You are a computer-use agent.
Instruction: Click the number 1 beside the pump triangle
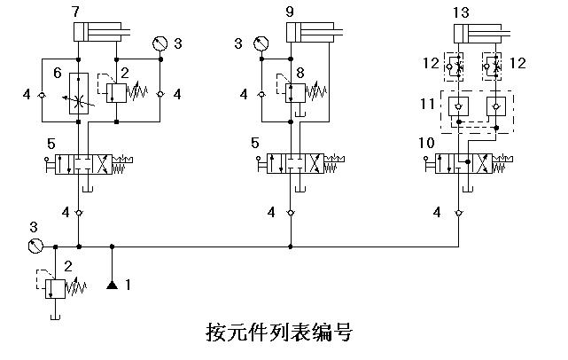pyautogui.click(x=128, y=286)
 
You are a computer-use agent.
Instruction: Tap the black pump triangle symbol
pyautogui.click(x=112, y=285)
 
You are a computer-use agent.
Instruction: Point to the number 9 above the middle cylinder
pyautogui.click(x=291, y=12)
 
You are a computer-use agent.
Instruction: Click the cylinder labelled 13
pyautogui.click(x=479, y=35)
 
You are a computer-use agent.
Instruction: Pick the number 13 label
pyautogui.click(x=462, y=12)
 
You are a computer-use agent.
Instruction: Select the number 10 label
pyautogui.click(x=426, y=143)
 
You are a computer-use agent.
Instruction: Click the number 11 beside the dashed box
pyautogui.click(x=426, y=105)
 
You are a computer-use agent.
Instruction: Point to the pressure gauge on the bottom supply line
pyautogui.click(x=36, y=246)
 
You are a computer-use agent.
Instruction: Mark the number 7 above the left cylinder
pyautogui.click(x=75, y=12)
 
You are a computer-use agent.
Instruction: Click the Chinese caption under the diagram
pyautogui.click(x=278, y=333)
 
